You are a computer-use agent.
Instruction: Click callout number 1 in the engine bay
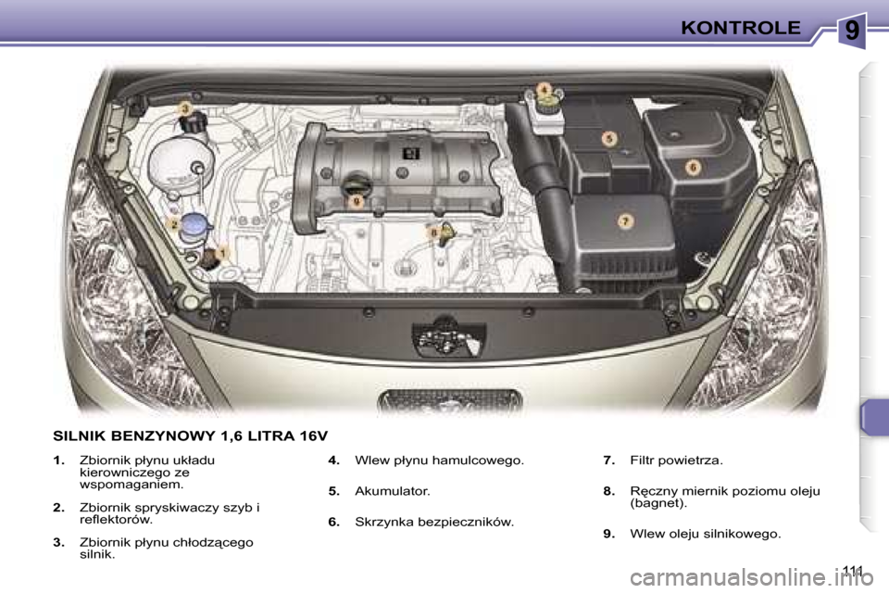point(222,250)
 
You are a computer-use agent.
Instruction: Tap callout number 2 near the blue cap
point(173,224)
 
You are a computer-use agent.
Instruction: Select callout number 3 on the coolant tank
point(185,109)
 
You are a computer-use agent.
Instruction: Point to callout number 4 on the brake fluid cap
point(545,89)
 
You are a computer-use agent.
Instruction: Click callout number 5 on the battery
point(608,139)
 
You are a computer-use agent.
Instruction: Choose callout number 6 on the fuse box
point(692,166)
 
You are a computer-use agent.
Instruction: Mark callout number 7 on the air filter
point(625,221)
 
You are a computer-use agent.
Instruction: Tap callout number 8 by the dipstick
point(432,232)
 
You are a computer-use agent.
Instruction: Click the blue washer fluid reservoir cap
point(195,223)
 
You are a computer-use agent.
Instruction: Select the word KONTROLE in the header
point(740,28)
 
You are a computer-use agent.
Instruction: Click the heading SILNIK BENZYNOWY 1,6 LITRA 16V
point(190,434)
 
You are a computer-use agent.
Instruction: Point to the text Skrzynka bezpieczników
point(433,522)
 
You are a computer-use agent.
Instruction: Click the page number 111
point(853,569)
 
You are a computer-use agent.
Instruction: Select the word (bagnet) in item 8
point(657,503)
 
